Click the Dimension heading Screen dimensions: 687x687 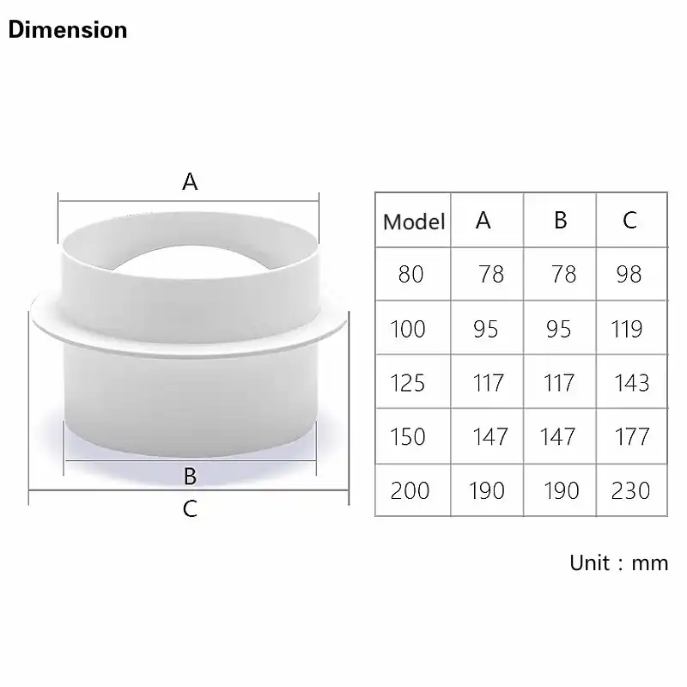[68, 30]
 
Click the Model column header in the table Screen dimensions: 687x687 [414, 222]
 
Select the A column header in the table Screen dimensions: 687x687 [483, 221]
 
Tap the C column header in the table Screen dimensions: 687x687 [629, 221]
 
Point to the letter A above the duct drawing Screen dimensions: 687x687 [190, 181]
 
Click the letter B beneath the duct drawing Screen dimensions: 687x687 [191, 476]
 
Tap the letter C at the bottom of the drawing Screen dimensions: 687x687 [191, 508]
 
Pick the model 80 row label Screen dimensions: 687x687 [411, 275]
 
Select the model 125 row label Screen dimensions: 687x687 [408, 382]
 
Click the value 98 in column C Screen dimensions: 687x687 [629, 275]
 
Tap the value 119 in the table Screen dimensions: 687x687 [627, 329]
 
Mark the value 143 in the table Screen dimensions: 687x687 [632, 382]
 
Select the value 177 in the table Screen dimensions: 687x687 [632, 436]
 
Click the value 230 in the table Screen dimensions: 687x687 [630, 490]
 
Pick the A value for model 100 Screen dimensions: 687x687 [485, 329]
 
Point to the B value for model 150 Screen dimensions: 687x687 [557, 436]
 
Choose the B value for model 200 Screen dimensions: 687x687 [561, 490]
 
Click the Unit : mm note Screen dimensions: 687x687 [618, 563]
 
